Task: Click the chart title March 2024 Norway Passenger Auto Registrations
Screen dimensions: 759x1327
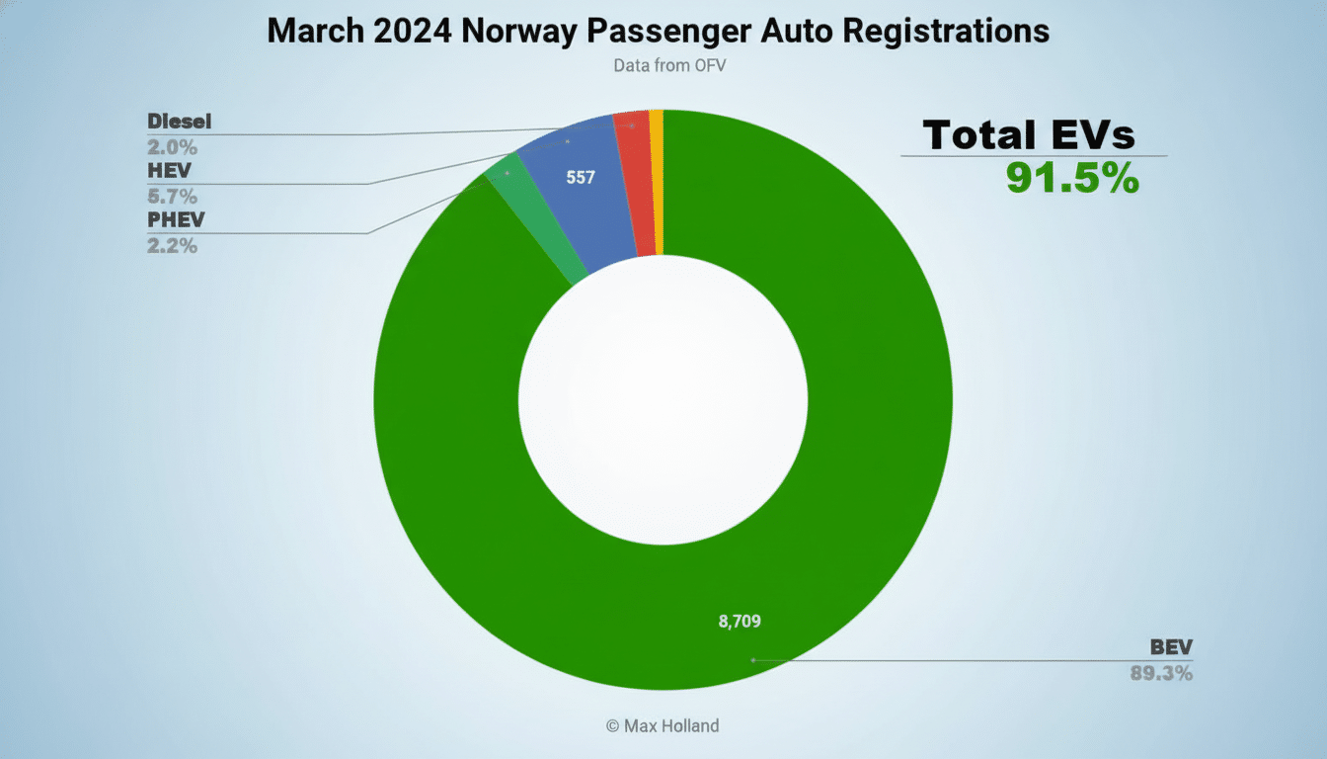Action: click(658, 31)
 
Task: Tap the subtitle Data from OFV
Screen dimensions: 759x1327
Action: click(663, 64)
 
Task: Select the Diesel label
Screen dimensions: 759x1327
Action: click(180, 123)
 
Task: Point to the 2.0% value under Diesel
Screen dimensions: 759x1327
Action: click(172, 148)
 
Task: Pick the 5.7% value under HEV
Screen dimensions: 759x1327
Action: click(172, 197)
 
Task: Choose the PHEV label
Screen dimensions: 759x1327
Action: click(176, 220)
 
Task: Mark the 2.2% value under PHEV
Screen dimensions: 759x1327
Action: click(172, 245)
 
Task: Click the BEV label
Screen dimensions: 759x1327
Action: click(1171, 648)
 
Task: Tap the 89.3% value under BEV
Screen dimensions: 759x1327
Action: click(1161, 674)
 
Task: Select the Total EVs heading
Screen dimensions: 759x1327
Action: click(1030, 134)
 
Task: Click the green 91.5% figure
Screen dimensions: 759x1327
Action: click(1072, 178)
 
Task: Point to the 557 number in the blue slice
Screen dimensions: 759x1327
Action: click(580, 178)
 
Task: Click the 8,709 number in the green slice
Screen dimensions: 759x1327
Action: click(740, 622)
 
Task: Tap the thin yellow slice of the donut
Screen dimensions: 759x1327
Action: click(657, 183)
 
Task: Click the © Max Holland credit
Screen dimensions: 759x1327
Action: click(663, 726)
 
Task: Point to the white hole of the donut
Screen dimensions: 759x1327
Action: click(663, 399)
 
